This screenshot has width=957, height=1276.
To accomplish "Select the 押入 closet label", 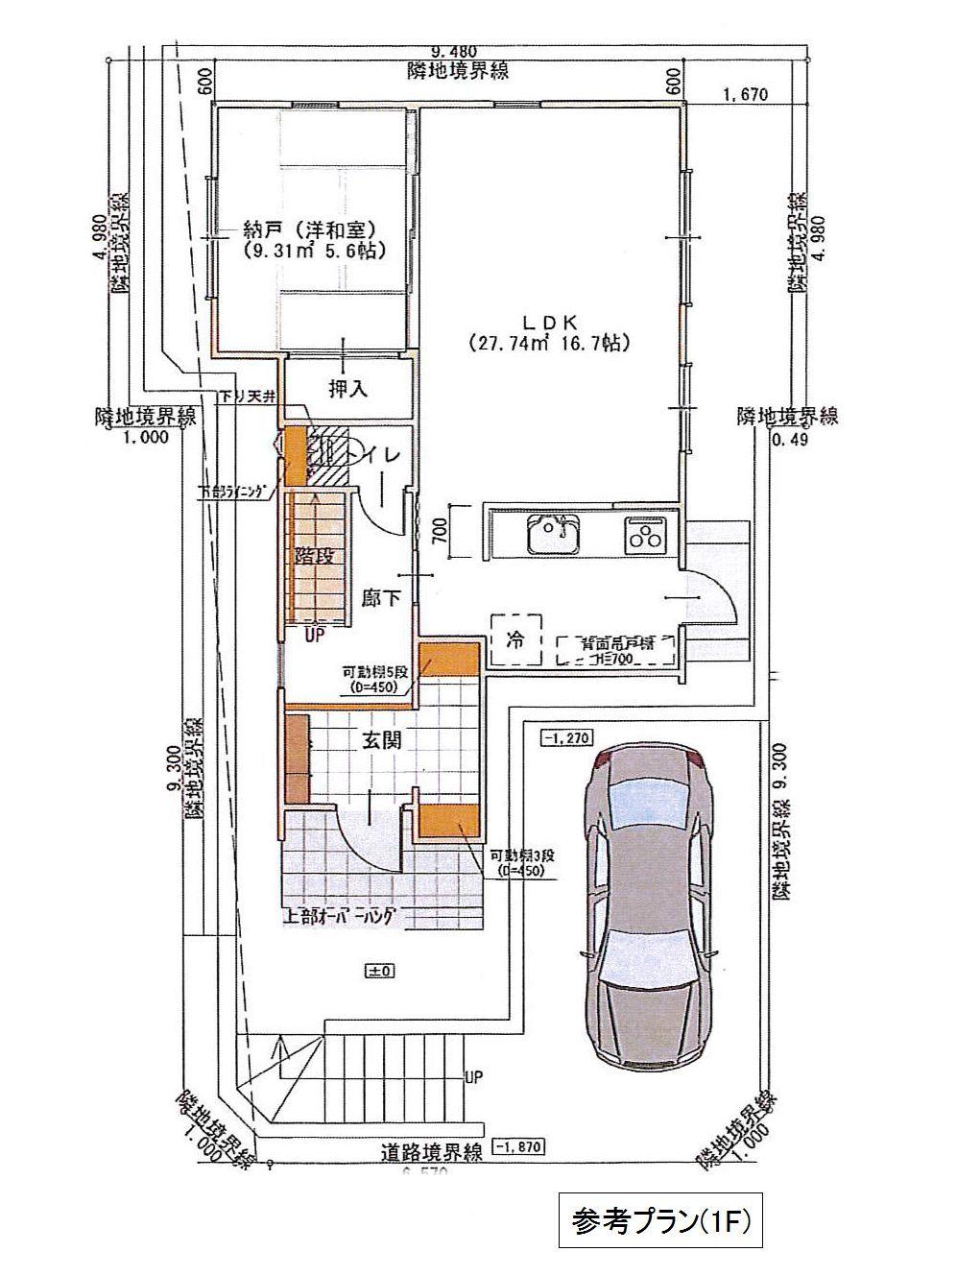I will click(x=347, y=390).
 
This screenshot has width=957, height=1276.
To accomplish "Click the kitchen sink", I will click(x=551, y=534).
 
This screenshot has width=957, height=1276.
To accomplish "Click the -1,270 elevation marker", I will click(x=567, y=737).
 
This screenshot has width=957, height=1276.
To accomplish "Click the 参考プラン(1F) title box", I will click(x=660, y=1220).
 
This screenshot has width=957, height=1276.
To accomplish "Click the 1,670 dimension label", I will click(x=750, y=94).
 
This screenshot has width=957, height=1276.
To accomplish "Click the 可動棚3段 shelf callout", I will click(x=518, y=862).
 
